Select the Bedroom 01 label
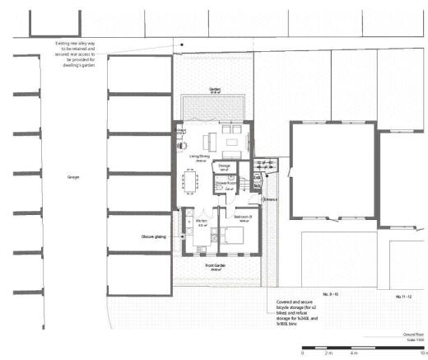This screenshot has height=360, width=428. (x=242, y=218)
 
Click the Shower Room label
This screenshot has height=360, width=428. (x=228, y=185)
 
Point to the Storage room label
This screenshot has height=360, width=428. (x=224, y=166)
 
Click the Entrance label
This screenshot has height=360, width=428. (x=270, y=199)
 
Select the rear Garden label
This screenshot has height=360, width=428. (x=216, y=90)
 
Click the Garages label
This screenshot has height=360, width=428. (x=72, y=177)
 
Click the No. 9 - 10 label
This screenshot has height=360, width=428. (x=331, y=293)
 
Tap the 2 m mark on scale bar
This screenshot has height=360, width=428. (x=328, y=353)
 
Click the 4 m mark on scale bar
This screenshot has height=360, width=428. (x=354, y=353)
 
